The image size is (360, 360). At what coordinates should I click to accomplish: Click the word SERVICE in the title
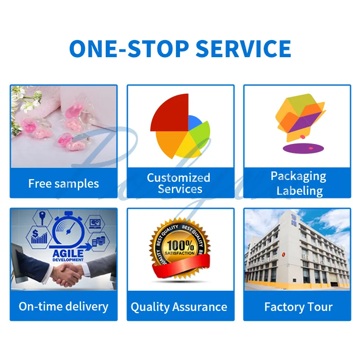[x=243, y=48]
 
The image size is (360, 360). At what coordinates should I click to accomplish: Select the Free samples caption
[x=63, y=184]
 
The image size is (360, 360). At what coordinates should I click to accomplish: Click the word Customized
[x=179, y=178]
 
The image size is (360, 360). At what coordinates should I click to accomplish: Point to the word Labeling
[x=299, y=190]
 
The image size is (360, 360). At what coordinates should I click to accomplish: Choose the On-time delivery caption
[x=63, y=306]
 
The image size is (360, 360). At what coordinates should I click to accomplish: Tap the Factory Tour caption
[x=298, y=307]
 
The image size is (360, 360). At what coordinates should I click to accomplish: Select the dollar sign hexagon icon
[x=37, y=235]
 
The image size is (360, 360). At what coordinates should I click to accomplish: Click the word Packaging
[x=298, y=176]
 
